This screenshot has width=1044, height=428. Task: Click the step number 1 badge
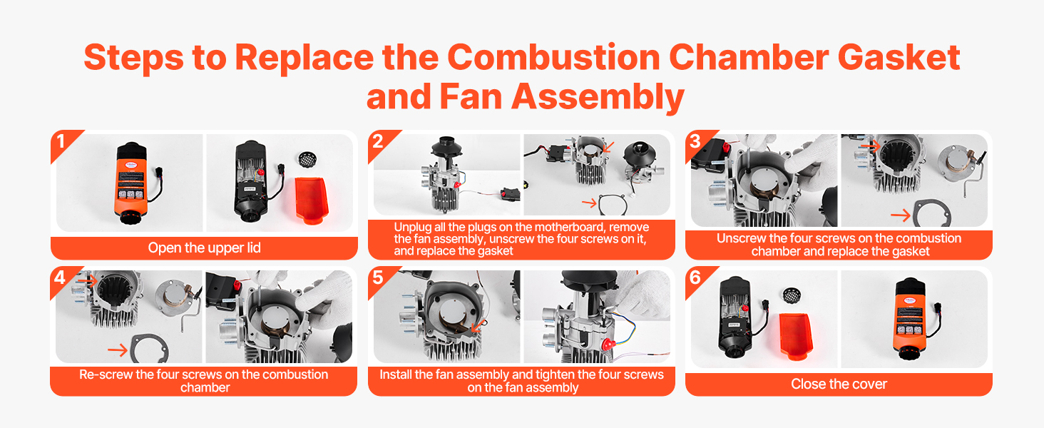(x=61, y=141)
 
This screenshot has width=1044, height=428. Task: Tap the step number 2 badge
(x=378, y=141)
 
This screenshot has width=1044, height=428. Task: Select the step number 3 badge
(x=695, y=141)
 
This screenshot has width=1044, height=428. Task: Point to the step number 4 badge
(x=60, y=278)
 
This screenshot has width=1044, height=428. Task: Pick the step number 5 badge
(x=378, y=278)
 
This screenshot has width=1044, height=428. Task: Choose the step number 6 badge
(x=695, y=278)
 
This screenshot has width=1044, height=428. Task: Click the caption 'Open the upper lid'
(x=204, y=248)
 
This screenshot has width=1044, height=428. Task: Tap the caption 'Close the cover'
(x=839, y=384)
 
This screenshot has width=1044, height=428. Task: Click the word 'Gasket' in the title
(x=899, y=57)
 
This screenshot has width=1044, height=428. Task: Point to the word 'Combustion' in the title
(x=553, y=57)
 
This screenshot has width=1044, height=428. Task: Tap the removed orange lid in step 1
(x=312, y=200)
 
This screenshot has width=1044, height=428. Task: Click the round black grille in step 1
(x=307, y=160)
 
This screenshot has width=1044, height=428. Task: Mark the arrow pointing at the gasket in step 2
(x=589, y=203)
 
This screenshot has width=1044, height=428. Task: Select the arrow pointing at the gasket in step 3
(x=901, y=215)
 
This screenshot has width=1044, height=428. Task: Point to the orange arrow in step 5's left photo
(x=477, y=326)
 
